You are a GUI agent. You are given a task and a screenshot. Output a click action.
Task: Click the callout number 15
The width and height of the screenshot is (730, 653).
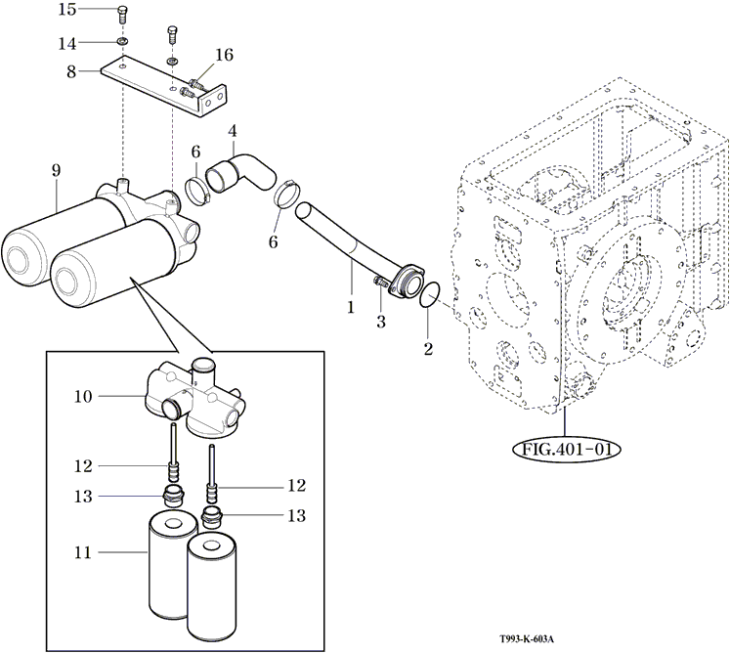click(x=67, y=10)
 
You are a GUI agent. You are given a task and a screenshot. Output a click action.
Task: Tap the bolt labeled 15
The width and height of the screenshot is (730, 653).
click(x=121, y=16)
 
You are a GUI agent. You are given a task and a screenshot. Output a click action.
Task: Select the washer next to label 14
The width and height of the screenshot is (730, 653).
click(x=122, y=42)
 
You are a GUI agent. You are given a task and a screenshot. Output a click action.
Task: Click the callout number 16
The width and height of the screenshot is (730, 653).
click(x=224, y=55)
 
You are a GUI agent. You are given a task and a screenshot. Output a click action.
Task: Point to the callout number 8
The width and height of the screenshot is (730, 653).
click(x=71, y=71)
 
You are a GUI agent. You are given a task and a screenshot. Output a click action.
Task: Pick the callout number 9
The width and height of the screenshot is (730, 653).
click(x=57, y=170)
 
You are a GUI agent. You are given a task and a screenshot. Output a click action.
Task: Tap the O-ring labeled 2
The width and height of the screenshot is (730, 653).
click(x=430, y=294)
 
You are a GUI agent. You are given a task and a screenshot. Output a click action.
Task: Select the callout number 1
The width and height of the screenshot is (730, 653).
click(x=351, y=307)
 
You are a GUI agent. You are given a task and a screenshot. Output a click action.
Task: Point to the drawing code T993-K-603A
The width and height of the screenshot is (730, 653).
click(x=527, y=639)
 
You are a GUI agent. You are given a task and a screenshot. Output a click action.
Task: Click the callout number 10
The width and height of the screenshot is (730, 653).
click(x=83, y=396)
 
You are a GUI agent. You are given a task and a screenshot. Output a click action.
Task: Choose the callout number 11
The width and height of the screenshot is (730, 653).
click(x=83, y=552)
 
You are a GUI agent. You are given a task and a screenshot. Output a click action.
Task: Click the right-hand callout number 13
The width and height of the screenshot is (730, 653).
click(x=296, y=515)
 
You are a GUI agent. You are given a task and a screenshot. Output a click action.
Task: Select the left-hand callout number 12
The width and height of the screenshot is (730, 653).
click(x=83, y=465)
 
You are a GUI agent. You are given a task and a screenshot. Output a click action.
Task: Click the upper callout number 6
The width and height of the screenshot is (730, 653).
click(x=195, y=152)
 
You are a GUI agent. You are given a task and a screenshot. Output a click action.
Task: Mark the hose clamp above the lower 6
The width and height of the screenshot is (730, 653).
click(x=286, y=194)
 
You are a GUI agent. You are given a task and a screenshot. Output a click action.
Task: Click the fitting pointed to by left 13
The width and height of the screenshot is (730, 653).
click(x=174, y=496)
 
